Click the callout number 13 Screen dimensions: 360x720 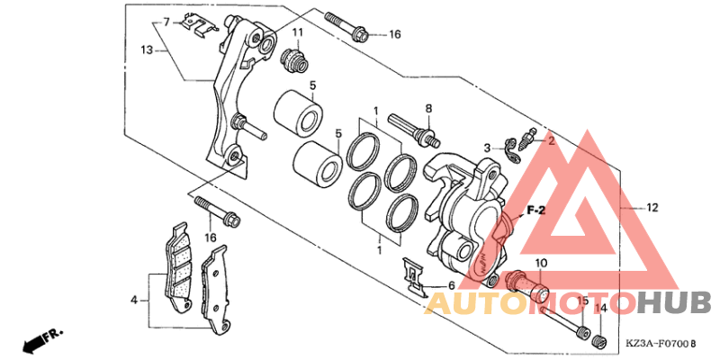pyautogui.click(x=148, y=52)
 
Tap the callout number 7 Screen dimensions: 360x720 pyautogui.click(x=166, y=21)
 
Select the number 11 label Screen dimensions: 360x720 pyautogui.click(x=297, y=33)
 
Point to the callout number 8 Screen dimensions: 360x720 pyautogui.click(x=428, y=108)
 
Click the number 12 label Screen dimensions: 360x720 pyautogui.click(x=652, y=207)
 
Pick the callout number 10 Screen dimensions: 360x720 pyautogui.click(x=541, y=264)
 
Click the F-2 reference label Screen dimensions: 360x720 pyautogui.click(x=537, y=210)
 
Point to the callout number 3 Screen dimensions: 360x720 pyautogui.click(x=486, y=148)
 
